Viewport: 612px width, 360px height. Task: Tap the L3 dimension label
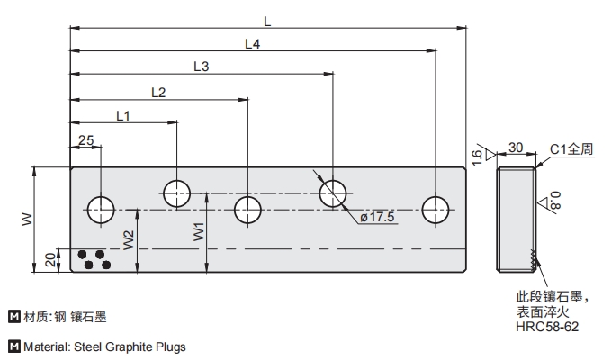pos(202,67)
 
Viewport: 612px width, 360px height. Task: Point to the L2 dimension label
pos(158,91)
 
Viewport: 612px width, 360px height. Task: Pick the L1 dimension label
pos(123,115)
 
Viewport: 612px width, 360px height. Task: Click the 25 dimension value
pos(86,139)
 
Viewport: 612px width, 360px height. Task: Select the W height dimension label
pos(25,218)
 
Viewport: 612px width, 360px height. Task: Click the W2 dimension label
pos(130,239)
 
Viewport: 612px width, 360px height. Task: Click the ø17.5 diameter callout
pos(377,218)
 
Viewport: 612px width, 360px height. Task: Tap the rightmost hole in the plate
pos(436,210)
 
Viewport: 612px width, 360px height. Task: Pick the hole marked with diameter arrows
pos(333,192)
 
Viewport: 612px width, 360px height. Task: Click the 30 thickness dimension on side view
pos(516,148)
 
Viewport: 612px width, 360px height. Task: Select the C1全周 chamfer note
pos(571,149)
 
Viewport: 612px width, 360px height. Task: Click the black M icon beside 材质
pos(13,316)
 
